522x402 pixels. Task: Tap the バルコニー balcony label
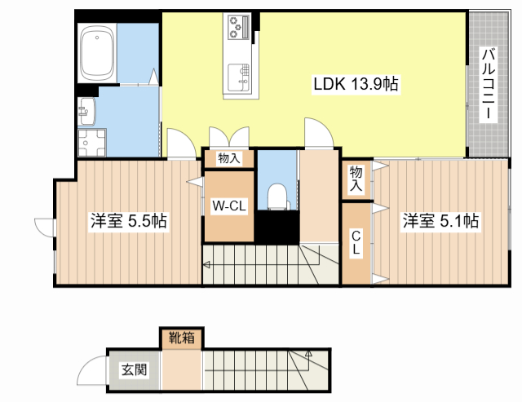click(487, 84)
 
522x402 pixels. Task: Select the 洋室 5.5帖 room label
click(128, 221)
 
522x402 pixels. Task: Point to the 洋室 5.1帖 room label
click(438, 221)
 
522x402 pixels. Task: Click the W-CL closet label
click(229, 206)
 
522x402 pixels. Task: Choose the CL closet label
click(356, 243)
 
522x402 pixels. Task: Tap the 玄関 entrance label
click(135, 370)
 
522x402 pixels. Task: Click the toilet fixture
click(277, 197)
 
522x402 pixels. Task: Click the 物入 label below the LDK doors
click(229, 158)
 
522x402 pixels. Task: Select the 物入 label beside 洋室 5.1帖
click(356, 179)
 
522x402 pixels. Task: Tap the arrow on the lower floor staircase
click(309, 355)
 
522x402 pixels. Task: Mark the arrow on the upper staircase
click(206, 263)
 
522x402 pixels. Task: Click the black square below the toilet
click(277, 228)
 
